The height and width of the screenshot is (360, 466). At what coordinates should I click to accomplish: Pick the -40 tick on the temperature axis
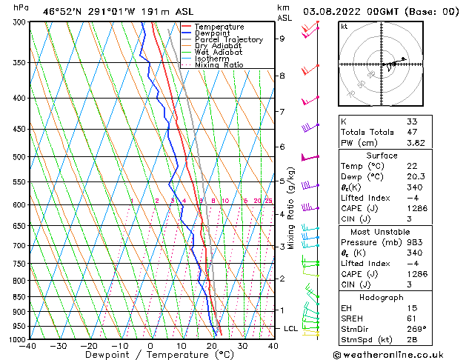pyautogui.click(x=29, y=346)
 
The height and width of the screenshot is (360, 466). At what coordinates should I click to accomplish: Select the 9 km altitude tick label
pyautogui.click(x=282, y=39)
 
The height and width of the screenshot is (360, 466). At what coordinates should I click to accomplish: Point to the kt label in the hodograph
pyautogui.click(x=344, y=27)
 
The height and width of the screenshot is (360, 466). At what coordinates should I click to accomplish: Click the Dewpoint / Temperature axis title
pyautogui.click(x=151, y=356)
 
